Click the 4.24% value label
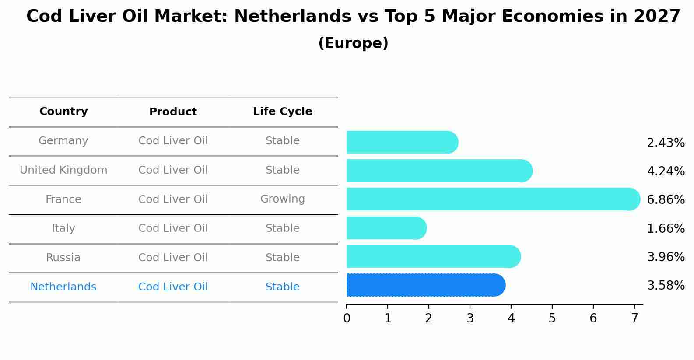pyautogui.click(x=666, y=171)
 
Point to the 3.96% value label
pyautogui.click(x=666, y=257)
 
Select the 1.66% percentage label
pyautogui.click(x=666, y=228)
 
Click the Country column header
pyautogui.click(x=63, y=112)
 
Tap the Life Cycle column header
pyautogui.click(x=282, y=112)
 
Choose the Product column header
pyautogui.click(x=173, y=112)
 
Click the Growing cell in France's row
pyautogui.click(x=282, y=199)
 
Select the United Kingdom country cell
pyautogui.click(x=63, y=170)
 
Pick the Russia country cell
pyautogui.click(x=63, y=258)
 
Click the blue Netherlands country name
pyautogui.click(x=63, y=287)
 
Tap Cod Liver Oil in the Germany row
pyautogui.click(x=173, y=141)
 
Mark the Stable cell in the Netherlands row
pyautogui.click(x=282, y=287)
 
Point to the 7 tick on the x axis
pyautogui.click(x=634, y=318)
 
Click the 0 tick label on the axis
pyautogui.click(x=347, y=318)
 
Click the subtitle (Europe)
pyautogui.click(x=353, y=43)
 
